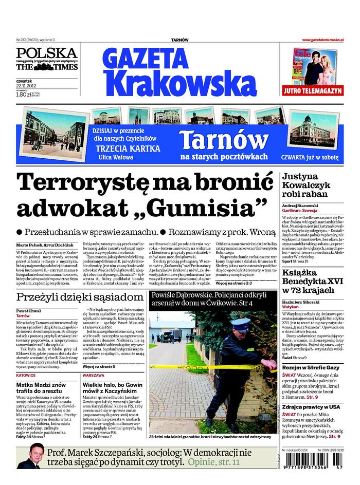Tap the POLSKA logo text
[46, 53]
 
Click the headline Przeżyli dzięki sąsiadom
[79, 297]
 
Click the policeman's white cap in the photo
[239, 324]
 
